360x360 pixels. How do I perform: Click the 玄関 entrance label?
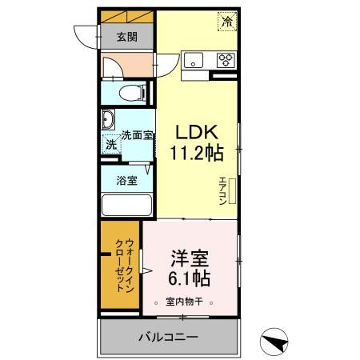127,37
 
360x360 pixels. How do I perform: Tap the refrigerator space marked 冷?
227,22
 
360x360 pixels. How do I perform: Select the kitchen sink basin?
194,60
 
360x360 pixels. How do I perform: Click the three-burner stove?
226,60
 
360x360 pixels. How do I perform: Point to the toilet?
133,93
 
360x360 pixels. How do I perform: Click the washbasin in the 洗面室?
108,119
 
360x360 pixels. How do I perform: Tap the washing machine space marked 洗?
111,144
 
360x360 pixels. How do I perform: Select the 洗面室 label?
138,135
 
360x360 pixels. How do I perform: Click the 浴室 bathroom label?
126,181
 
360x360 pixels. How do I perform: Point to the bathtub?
126,205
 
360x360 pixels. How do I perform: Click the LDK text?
197,132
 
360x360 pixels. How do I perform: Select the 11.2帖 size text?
197,153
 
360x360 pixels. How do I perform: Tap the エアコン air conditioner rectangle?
232,191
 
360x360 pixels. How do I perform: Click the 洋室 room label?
190,258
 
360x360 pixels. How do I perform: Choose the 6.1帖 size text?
189,278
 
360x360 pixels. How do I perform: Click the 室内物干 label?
184,302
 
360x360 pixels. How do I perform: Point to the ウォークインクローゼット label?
125,266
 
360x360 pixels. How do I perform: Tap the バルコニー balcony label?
169,338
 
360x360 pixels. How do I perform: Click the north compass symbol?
274,342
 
